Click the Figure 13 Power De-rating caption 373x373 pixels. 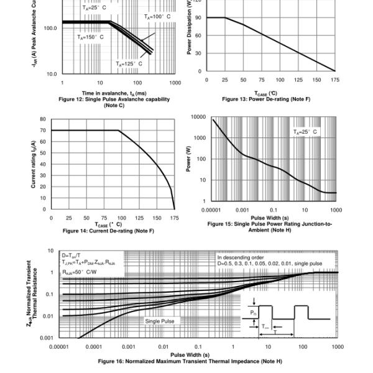[265, 99]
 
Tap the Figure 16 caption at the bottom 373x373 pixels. [190, 361]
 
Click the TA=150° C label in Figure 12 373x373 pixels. [90, 37]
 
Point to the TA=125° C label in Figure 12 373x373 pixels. [129, 63]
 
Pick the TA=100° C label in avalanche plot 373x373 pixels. [157, 17]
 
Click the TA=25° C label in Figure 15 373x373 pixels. [305, 132]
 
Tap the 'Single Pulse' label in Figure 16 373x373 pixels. [160, 321]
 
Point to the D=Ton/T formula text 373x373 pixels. [74, 256]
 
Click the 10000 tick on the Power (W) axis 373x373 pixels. [198, 117]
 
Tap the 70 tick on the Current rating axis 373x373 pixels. [42, 131]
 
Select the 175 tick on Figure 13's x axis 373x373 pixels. [335, 80]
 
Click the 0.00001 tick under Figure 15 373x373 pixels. [213, 210]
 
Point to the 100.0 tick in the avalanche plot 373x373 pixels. [50, 28]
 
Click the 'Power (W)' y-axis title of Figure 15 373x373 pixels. [188, 159]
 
